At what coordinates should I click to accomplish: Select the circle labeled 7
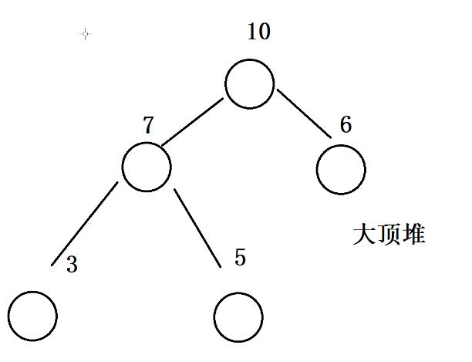(x=147, y=167)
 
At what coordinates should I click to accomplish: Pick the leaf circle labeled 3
(x=33, y=316)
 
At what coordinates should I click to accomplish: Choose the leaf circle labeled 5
(x=238, y=317)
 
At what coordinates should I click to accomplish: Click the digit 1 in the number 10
(x=253, y=32)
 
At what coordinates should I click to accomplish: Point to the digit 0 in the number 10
(x=265, y=32)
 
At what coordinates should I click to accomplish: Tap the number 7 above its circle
(x=150, y=125)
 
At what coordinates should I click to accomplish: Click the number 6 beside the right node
(x=346, y=124)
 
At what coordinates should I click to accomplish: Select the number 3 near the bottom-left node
(x=72, y=266)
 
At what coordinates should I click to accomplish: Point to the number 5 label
(x=240, y=257)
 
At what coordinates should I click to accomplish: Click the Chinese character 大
(x=364, y=235)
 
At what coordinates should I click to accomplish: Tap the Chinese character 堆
(x=413, y=235)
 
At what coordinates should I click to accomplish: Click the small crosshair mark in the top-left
(x=85, y=33)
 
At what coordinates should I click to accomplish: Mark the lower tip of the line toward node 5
(x=221, y=266)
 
